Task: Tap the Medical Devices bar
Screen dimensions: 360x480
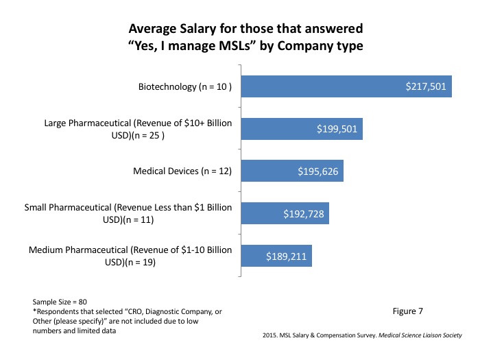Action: tap(291, 171)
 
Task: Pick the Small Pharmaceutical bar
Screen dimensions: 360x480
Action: tap(284, 213)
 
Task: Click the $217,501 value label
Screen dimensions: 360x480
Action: tap(426, 87)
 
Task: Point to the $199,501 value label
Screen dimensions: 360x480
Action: tap(337, 129)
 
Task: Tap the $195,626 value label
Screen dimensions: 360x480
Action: tap(317, 171)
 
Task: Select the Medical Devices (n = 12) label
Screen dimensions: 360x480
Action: tap(181, 171)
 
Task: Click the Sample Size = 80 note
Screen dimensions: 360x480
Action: tap(59, 302)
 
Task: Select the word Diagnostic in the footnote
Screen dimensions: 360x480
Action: tap(155, 311)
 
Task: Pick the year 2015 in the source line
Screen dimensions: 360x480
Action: tap(270, 335)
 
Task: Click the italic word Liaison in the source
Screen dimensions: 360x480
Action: tap(424, 335)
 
